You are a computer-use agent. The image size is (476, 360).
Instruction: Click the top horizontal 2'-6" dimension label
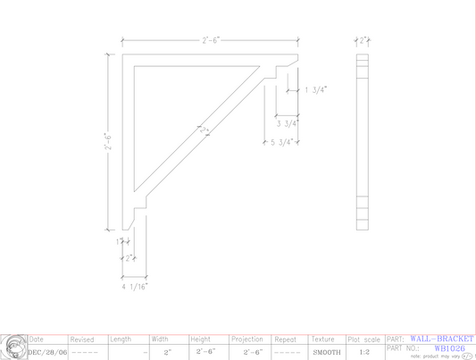(x=211, y=40)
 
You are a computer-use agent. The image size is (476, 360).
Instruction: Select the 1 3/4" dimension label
(x=316, y=89)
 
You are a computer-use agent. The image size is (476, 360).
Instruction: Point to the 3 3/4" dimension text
(x=287, y=123)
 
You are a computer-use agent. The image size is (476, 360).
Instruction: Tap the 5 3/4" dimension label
(x=282, y=142)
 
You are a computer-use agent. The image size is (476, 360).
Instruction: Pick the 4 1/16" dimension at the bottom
(x=135, y=287)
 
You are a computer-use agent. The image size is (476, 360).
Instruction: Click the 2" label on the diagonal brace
(x=205, y=130)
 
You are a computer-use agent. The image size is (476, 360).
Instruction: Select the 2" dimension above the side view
(x=363, y=39)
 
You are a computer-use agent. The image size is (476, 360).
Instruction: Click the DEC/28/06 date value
(x=47, y=352)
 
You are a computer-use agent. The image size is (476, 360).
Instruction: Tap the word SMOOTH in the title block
(x=327, y=353)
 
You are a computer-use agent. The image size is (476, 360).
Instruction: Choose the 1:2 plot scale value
(x=364, y=353)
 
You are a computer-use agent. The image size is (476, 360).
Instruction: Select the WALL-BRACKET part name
(x=441, y=339)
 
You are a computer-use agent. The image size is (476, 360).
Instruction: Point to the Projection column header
(x=247, y=339)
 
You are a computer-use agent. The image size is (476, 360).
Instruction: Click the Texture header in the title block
(x=322, y=339)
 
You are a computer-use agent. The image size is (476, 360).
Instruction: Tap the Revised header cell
(x=82, y=339)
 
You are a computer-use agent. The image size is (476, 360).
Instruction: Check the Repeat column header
(x=286, y=339)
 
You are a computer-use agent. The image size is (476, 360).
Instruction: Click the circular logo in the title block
(x=13, y=347)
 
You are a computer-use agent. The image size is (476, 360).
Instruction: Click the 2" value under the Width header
(x=167, y=353)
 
